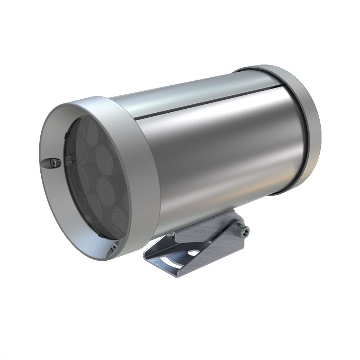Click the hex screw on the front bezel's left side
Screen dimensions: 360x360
click(53, 163)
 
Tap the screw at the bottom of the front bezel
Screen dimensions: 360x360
click(114, 247)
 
